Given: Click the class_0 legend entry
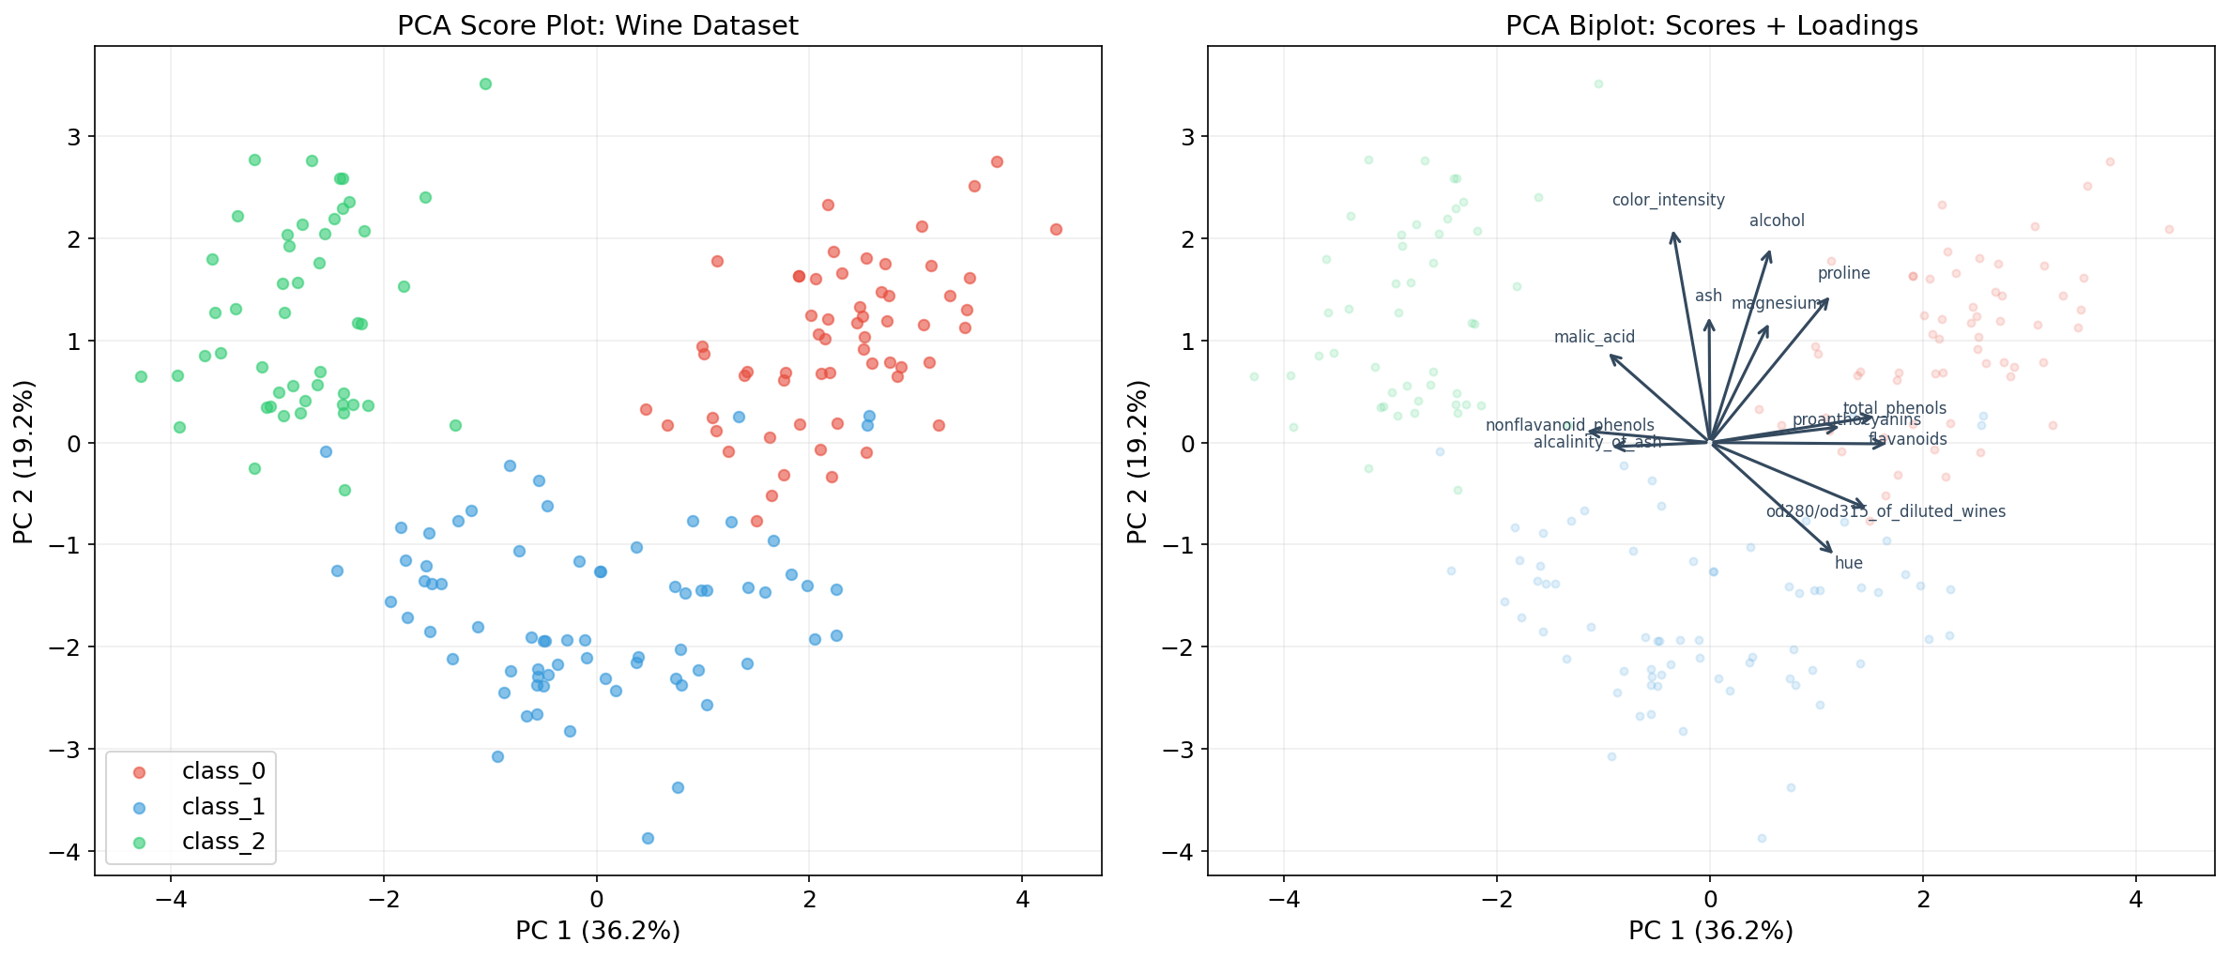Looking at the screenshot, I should coord(222,771).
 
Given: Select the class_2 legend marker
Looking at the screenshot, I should coord(139,843).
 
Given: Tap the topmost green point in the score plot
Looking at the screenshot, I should coord(485,84).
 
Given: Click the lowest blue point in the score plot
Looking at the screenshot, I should coord(648,838).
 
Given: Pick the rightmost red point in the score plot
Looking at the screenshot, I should coord(1056,229).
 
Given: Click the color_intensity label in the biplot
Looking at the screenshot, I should coord(1668,200).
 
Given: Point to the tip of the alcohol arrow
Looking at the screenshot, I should coord(1769,251).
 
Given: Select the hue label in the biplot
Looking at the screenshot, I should coord(1848,563).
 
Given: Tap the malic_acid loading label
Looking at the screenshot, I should coord(1594,337).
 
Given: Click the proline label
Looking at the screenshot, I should coord(1843,273).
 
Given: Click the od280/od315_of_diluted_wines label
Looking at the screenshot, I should coord(1885,511).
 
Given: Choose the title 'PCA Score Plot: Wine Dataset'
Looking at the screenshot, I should coord(598,25).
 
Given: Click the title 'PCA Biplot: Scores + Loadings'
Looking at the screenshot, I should coord(1711,25).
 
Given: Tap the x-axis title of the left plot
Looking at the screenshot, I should coord(598,931).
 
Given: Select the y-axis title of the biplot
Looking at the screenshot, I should coord(1137,461).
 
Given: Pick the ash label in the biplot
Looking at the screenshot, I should coord(1708,296).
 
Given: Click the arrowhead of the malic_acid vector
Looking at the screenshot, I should coord(1611,356).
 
